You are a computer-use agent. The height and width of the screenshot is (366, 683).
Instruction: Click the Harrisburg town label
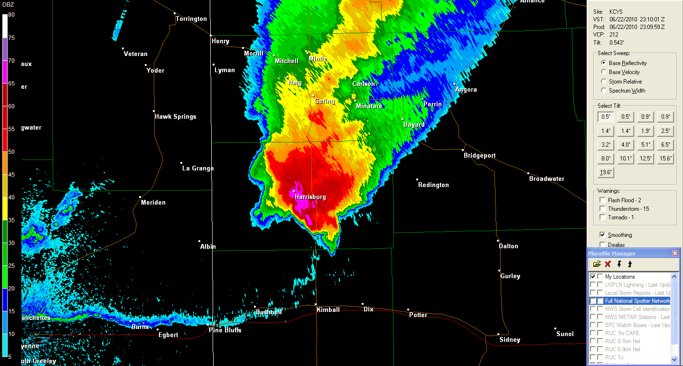tap(310, 197)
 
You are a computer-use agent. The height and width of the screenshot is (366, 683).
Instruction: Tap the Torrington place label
tap(191, 19)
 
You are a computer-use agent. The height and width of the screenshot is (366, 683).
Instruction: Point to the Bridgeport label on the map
tap(479, 156)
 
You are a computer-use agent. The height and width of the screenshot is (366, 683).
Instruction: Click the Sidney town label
tap(510, 340)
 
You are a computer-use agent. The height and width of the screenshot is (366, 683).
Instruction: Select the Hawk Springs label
tap(175, 117)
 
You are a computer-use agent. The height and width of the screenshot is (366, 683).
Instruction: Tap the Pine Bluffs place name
tap(225, 330)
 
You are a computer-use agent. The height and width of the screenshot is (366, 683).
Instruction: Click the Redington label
tap(433, 185)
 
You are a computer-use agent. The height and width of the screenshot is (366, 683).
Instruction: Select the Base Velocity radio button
tap(604, 72)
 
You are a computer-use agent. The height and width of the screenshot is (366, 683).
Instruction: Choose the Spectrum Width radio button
tap(604, 90)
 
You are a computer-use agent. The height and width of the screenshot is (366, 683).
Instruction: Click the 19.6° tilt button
tap(606, 172)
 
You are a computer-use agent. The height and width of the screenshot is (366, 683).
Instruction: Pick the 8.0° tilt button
tap(606, 159)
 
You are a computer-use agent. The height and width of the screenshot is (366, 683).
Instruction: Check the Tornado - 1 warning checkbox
tap(603, 217)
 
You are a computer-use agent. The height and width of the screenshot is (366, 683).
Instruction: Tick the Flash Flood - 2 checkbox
tap(603, 200)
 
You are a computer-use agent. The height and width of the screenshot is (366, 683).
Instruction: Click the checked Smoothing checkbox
tap(602, 235)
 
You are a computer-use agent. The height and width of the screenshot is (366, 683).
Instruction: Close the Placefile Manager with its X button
tap(675, 253)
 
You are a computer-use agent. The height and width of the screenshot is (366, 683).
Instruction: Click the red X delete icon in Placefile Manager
tap(608, 264)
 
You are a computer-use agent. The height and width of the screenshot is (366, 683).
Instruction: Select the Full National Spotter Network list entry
tap(637, 301)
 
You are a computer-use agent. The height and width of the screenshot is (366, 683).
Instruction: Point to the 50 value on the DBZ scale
tap(11, 152)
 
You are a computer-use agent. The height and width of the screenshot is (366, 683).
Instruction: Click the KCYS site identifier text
tap(617, 11)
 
